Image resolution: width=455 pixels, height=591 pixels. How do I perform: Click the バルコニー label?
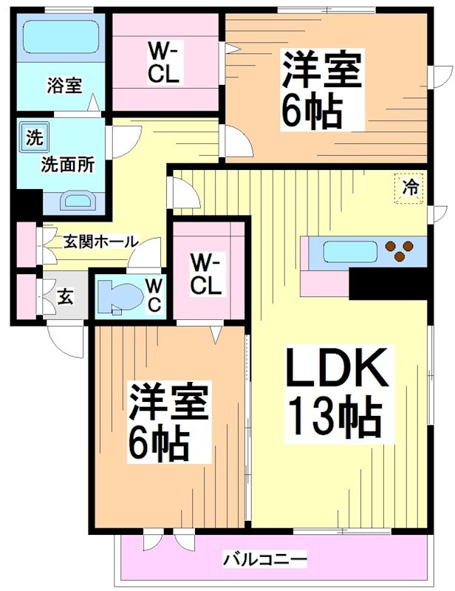(264, 559)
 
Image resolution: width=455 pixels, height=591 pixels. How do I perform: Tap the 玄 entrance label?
(65, 298)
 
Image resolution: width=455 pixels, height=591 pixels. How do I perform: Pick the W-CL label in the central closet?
(206, 274)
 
